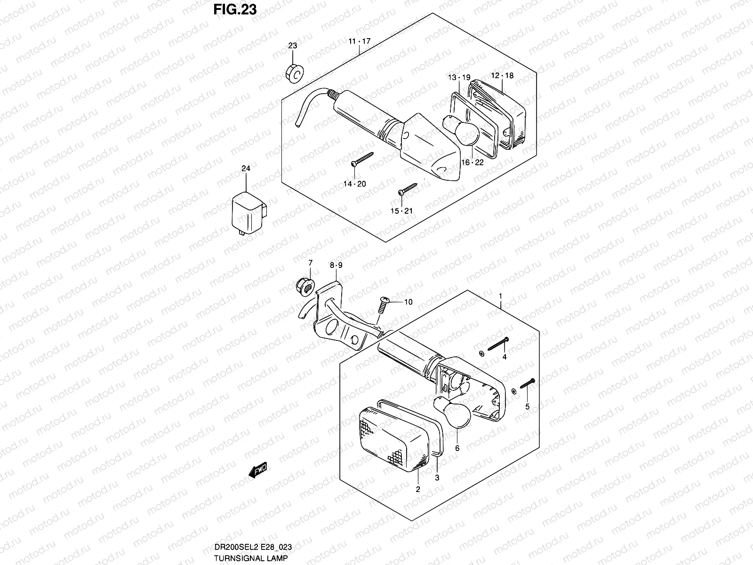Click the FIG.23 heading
click(x=235, y=9)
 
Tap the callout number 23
click(x=293, y=46)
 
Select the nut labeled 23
click(x=294, y=73)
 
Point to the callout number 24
click(x=246, y=169)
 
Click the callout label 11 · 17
click(x=360, y=41)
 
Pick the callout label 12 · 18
click(x=502, y=75)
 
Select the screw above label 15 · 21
click(x=408, y=189)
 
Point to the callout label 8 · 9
click(x=336, y=265)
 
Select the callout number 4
click(x=505, y=357)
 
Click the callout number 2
click(x=418, y=490)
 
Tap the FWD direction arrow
click(x=257, y=470)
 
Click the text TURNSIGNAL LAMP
click(x=251, y=558)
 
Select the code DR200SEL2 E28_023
click(x=253, y=547)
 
